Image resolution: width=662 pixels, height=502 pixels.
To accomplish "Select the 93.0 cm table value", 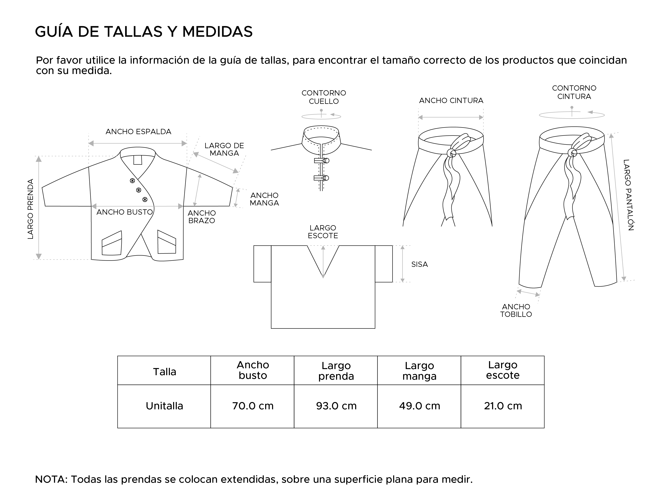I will [x=336, y=406].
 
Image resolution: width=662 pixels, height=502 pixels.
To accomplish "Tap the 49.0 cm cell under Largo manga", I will [x=419, y=406].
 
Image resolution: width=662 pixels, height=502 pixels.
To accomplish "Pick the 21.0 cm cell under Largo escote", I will [x=503, y=406].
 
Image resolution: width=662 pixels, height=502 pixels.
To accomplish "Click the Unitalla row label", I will [x=164, y=406].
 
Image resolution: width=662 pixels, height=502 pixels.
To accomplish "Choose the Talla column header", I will [x=164, y=372].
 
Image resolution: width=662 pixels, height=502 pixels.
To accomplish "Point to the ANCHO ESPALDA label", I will [x=138, y=132].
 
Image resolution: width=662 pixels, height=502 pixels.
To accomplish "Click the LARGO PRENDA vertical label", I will [x=30, y=209].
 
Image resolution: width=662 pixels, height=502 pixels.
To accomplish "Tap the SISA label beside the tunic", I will [x=419, y=264].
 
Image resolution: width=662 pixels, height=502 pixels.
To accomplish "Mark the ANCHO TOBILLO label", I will [x=516, y=310].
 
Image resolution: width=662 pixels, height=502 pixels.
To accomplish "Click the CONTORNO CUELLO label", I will [x=323, y=97].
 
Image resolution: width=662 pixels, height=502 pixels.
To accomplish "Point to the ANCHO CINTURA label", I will [x=451, y=101].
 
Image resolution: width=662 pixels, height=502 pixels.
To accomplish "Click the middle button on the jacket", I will [x=139, y=190].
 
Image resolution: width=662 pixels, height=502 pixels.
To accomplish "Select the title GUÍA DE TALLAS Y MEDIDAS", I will [x=144, y=32].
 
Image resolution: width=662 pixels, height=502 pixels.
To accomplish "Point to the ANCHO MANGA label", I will [x=264, y=199].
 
